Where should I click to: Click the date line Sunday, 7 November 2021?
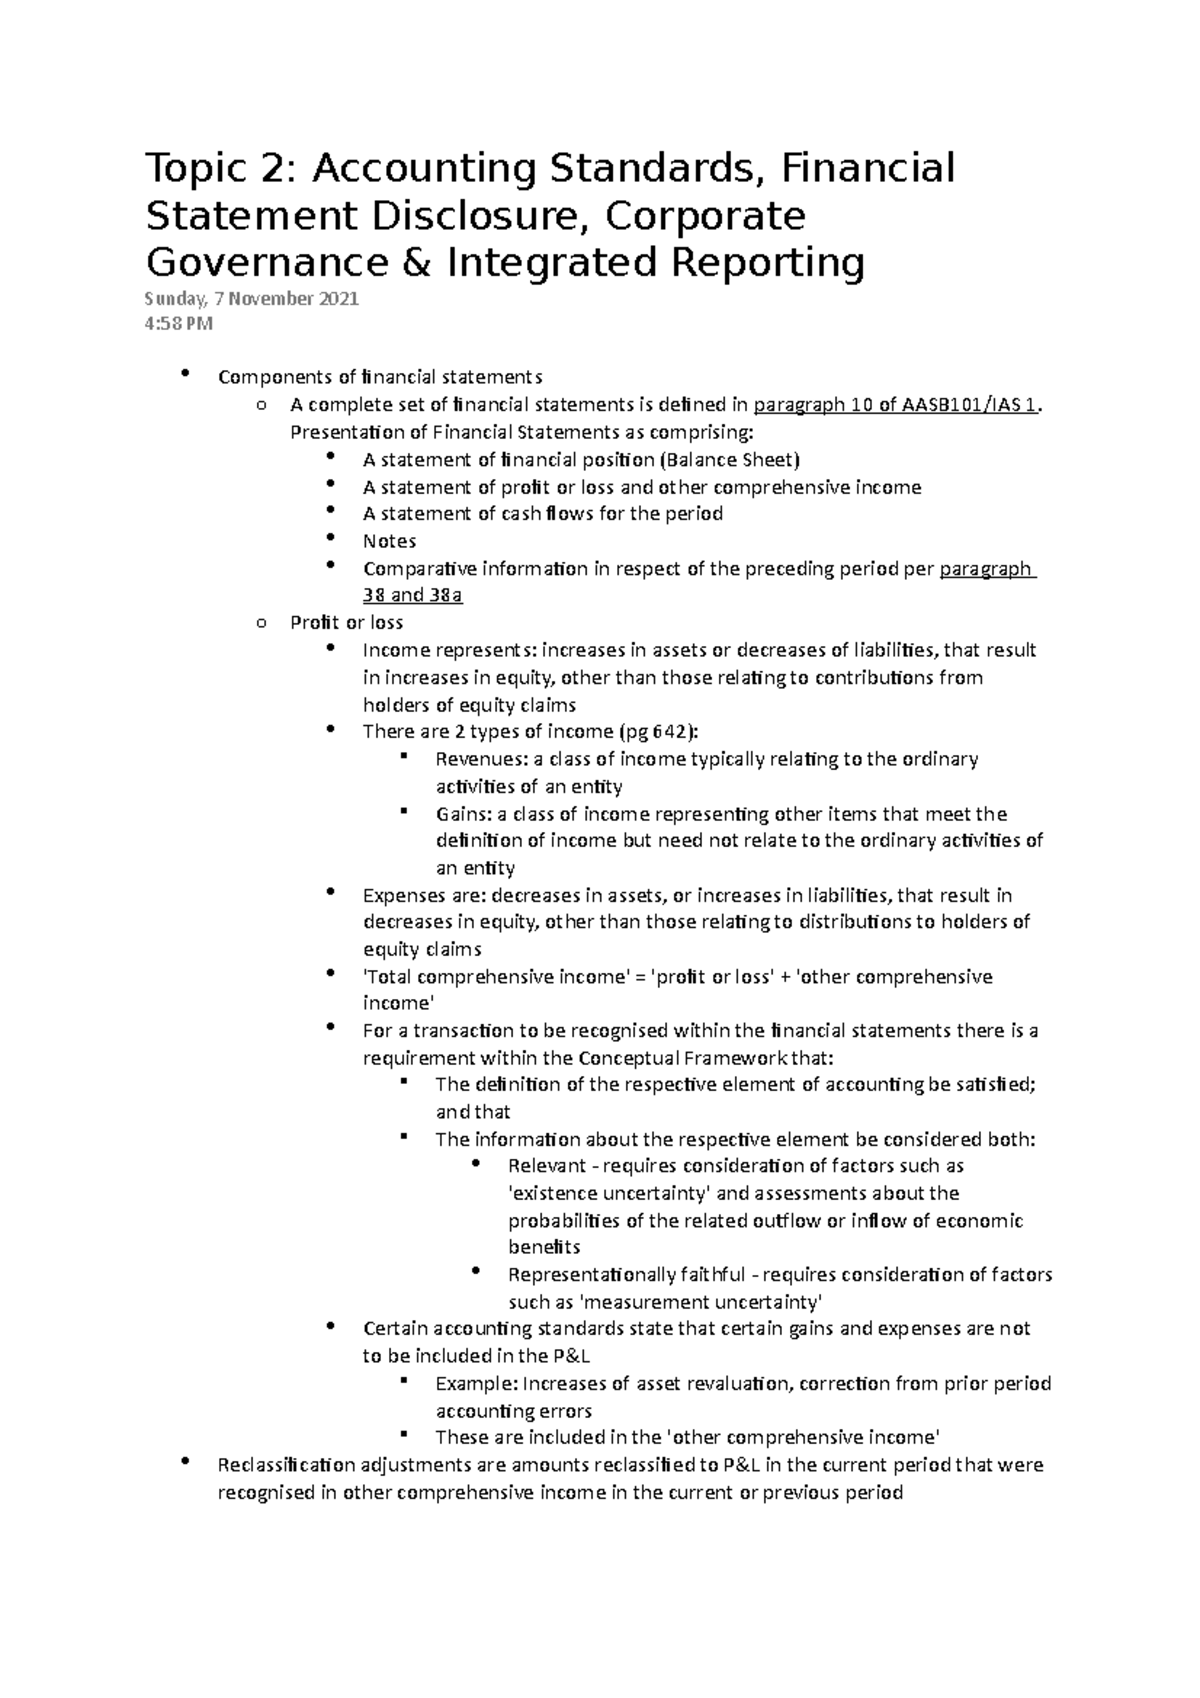(251, 299)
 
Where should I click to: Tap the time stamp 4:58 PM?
(179, 323)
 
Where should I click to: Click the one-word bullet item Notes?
(389, 541)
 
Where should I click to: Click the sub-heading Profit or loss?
(346, 622)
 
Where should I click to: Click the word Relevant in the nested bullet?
(545, 1166)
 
